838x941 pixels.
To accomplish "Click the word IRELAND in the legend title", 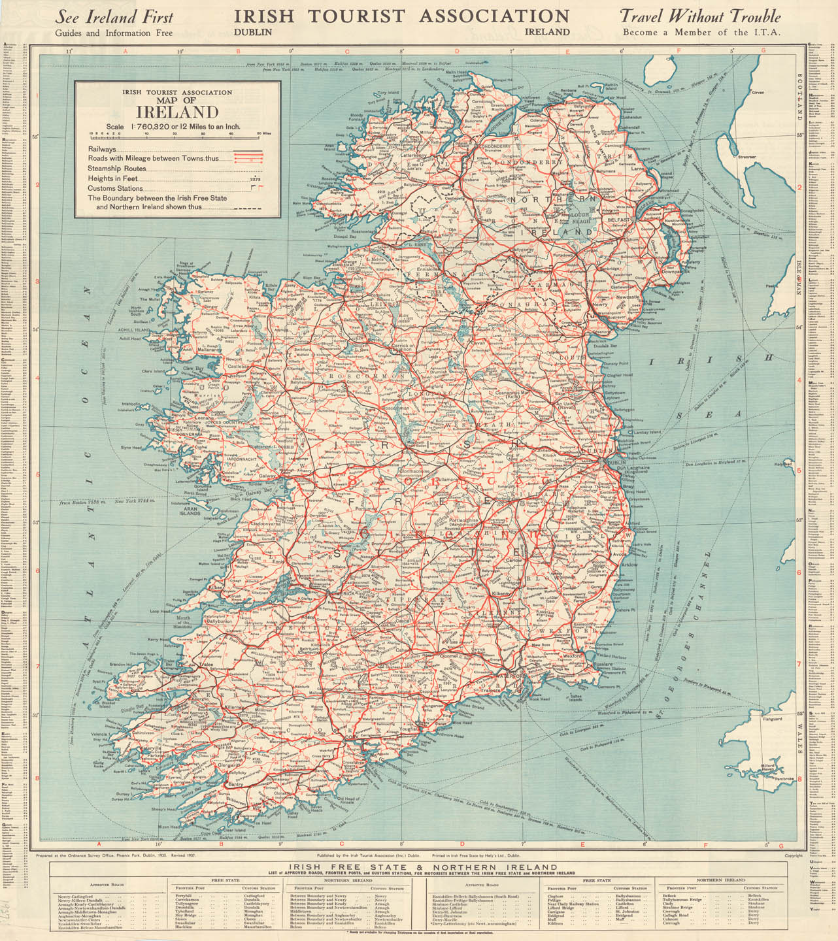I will pos(177,112).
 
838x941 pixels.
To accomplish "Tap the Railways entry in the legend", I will pos(103,150).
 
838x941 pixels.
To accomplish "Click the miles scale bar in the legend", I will pos(176,135).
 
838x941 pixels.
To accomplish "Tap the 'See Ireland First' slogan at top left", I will pos(114,16).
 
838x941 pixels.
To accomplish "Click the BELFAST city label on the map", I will pos(618,220).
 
